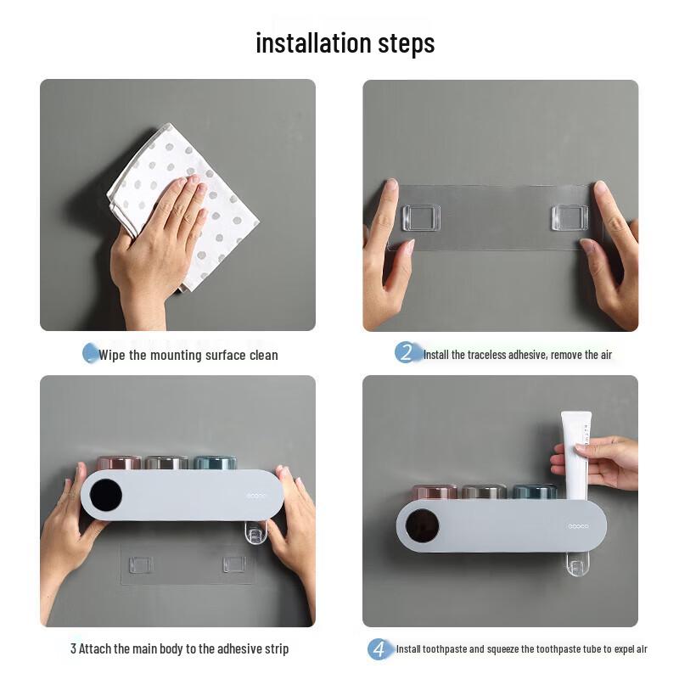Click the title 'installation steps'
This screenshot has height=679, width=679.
click(x=345, y=42)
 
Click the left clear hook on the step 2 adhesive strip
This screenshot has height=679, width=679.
click(x=421, y=217)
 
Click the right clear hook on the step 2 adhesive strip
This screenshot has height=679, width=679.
click(x=570, y=217)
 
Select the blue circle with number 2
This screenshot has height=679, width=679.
click(x=407, y=353)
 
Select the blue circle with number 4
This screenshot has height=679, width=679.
click(x=379, y=649)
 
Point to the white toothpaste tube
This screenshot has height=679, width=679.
click(x=576, y=446)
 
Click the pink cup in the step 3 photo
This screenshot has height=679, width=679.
click(x=119, y=463)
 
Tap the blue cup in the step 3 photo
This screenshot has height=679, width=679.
click(x=215, y=463)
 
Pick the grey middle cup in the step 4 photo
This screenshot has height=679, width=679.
click(x=483, y=491)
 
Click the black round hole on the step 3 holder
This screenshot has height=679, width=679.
click(x=106, y=495)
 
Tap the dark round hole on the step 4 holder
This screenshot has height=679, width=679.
click(x=422, y=526)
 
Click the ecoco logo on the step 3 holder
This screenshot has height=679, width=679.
click(x=256, y=496)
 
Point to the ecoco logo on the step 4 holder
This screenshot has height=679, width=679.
click(x=578, y=526)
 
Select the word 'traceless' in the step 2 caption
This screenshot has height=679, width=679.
click(x=482, y=355)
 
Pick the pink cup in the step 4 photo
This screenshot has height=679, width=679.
click(x=435, y=491)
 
